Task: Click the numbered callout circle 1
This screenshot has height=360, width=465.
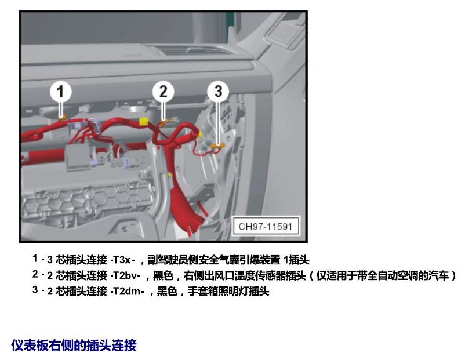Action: click(60, 91)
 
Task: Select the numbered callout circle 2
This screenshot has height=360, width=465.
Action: click(163, 91)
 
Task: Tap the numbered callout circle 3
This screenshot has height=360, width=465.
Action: click(218, 91)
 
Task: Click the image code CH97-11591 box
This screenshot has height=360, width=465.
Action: click(266, 227)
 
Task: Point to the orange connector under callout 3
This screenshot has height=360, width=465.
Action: click(218, 146)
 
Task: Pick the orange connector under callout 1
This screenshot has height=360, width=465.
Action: click(61, 118)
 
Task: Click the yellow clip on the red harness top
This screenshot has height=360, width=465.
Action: click(143, 121)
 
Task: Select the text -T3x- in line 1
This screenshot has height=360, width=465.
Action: click(122, 260)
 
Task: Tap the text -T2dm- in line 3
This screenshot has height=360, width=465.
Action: click(127, 291)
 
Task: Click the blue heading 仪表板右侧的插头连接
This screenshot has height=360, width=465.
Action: click(74, 346)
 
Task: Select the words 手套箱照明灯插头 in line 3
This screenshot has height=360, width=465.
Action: click(228, 291)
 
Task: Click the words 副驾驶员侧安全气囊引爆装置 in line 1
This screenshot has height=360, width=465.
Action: click(214, 260)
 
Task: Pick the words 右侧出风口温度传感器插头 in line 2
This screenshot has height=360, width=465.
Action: click(245, 276)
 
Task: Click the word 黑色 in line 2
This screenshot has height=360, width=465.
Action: click(163, 276)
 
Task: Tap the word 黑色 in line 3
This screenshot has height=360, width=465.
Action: click(166, 291)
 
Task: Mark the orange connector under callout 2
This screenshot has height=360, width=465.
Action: click(164, 122)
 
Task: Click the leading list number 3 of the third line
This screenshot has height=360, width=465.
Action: click(35, 290)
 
